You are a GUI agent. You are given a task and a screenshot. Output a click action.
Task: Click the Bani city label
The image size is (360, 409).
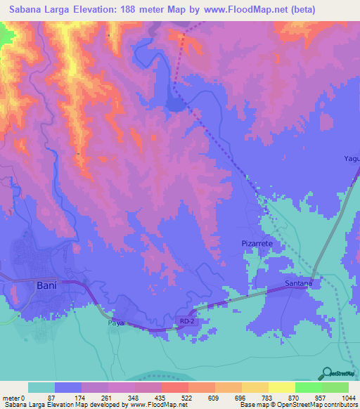46,285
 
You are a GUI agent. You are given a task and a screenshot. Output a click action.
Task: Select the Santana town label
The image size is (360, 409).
298,284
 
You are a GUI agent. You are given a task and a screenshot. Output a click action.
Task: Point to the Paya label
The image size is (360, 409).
115,323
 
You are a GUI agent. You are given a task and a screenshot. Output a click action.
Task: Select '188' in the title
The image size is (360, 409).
124,10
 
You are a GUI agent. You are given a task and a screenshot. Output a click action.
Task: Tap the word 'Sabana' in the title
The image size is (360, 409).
28,10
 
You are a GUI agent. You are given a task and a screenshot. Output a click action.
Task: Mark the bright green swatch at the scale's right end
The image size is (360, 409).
335,387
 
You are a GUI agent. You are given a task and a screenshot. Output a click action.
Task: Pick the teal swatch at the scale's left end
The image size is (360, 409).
41,387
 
